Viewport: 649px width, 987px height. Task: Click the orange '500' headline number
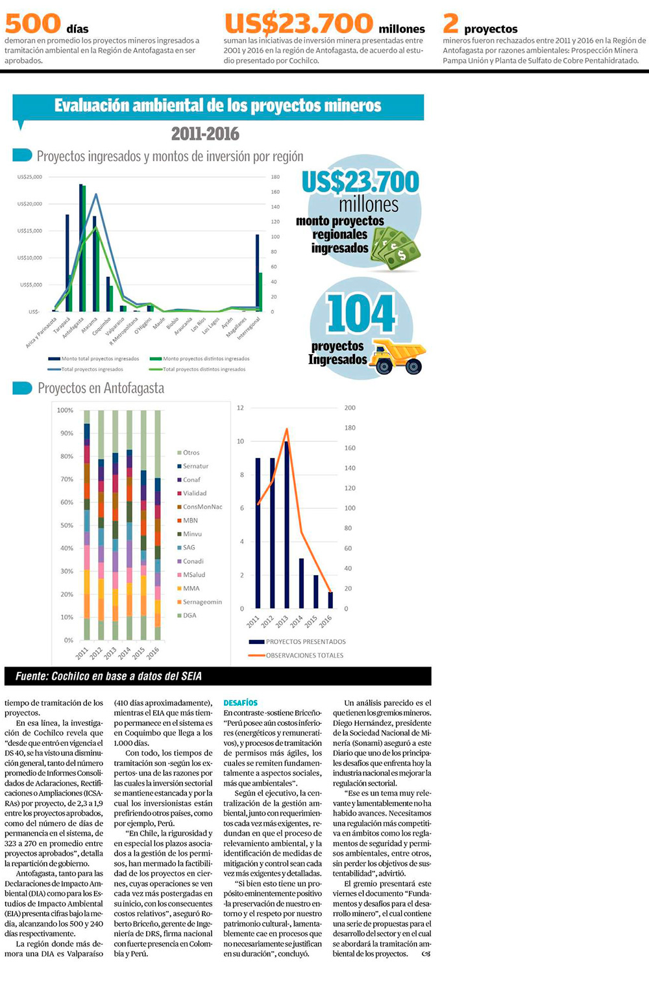coord(32,23)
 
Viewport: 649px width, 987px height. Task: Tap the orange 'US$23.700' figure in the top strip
coord(299,23)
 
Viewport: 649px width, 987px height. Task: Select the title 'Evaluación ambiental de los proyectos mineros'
coord(217,106)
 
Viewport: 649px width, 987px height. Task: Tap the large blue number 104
coord(361,314)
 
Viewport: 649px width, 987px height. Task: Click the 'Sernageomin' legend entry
coord(202,602)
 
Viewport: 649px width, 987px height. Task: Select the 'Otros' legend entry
coord(191,453)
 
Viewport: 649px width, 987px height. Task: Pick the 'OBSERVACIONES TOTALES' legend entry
coord(304,655)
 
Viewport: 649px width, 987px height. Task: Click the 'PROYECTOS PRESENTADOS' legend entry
coord(306,641)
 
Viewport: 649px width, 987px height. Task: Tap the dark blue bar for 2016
coord(330,600)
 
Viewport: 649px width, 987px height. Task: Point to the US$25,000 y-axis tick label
coord(30,177)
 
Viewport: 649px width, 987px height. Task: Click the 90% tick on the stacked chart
coord(66,433)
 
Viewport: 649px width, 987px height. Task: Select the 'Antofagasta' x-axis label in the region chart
coord(74,323)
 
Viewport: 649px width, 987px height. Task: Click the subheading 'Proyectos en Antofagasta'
coord(101,389)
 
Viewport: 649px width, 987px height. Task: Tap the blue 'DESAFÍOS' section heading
coord(240,703)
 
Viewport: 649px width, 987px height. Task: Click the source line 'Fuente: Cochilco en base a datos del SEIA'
coord(108,676)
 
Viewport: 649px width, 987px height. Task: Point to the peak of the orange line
coord(287,429)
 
